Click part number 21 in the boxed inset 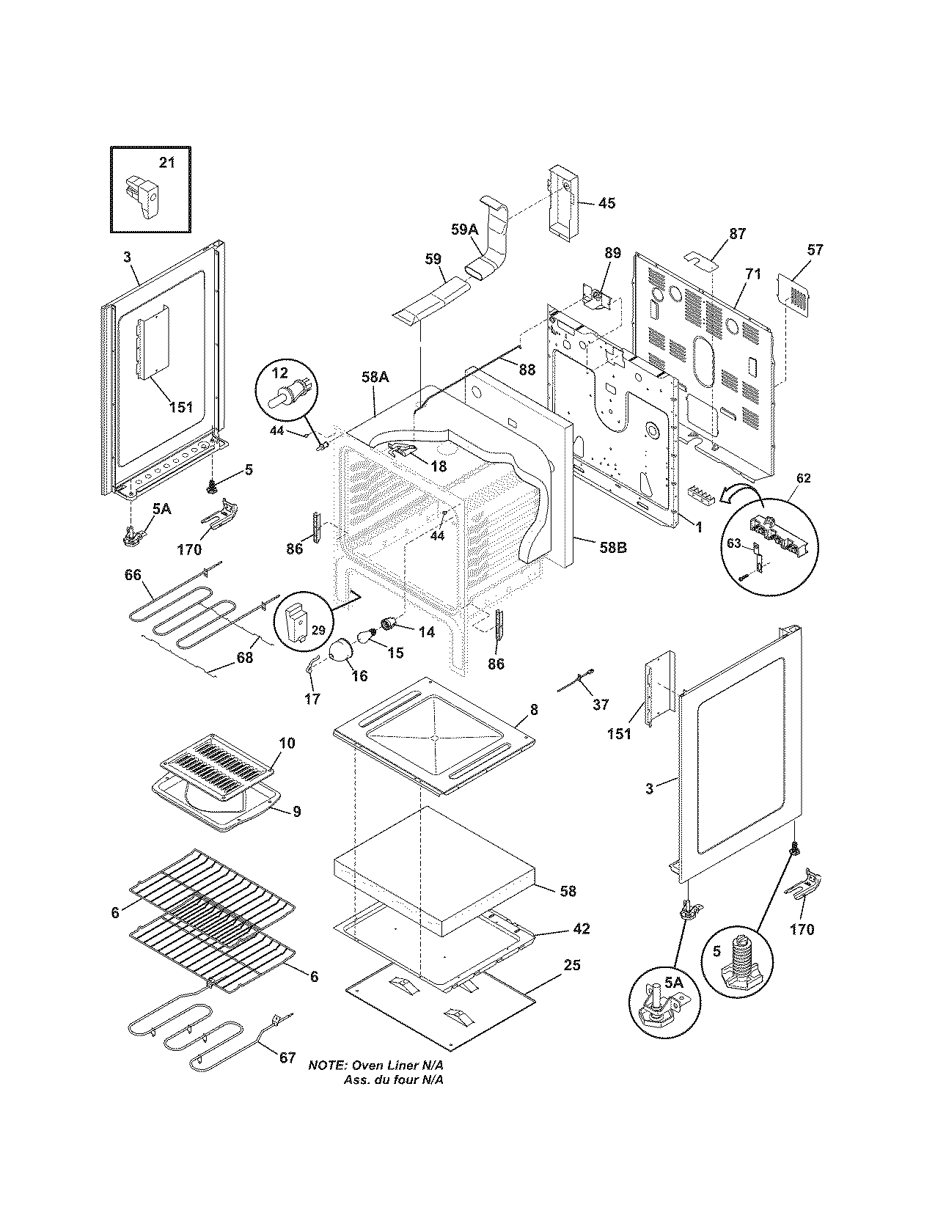coord(167,162)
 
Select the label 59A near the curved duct coord(463,230)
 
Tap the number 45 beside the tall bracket coord(606,203)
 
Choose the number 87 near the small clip coord(737,234)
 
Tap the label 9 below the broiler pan coord(296,812)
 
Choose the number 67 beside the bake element coord(287,1057)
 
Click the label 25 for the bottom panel coord(571,965)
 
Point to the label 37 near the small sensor coord(600,704)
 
